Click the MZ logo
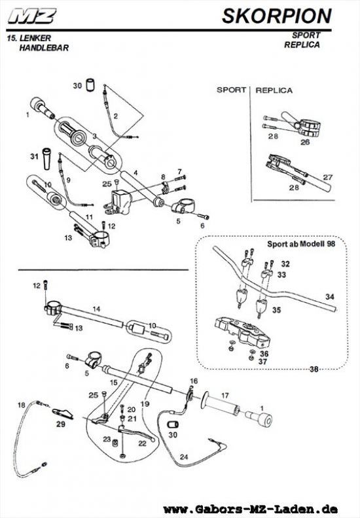32,16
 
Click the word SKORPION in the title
277,16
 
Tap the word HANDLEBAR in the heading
44,48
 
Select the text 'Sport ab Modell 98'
301,244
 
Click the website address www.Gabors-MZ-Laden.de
251,509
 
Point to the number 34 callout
330,297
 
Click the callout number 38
314,369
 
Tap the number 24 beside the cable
184,457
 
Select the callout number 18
21,405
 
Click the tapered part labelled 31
46,159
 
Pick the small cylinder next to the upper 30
90,85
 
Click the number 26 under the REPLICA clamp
305,142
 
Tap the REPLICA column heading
274,90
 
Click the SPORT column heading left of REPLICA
232,90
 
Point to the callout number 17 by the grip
225,396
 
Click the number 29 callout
60,424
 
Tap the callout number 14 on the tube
96,309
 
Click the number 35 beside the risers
276,310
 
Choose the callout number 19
145,404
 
